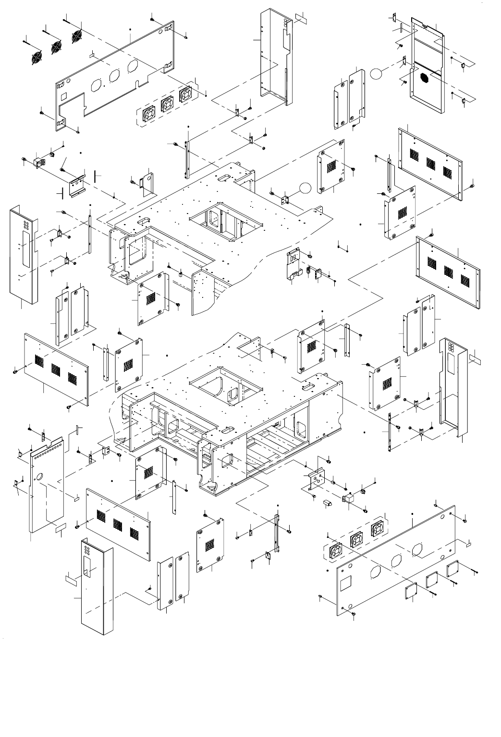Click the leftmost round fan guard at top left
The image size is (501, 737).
(37, 58)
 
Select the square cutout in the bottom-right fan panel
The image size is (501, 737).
(346, 583)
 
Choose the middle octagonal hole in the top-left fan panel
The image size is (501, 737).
(114, 77)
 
